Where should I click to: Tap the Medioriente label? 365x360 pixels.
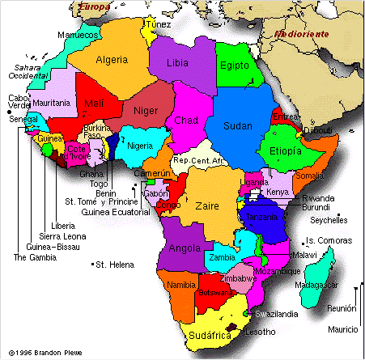(301, 35)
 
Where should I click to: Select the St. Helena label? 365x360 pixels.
(112, 265)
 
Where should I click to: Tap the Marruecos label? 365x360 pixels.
(78, 36)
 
